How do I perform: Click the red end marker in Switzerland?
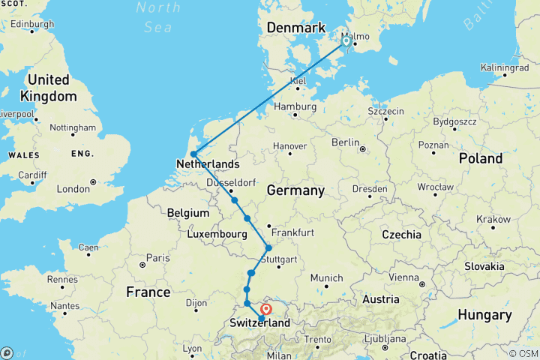click(x=266, y=308)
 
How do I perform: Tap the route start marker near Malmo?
click(x=346, y=41)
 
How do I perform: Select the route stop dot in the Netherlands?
click(x=193, y=154)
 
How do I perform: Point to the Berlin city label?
click(x=346, y=142)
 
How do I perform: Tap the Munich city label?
click(x=325, y=278)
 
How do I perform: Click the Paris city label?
click(x=157, y=258)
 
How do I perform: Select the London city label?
click(x=73, y=189)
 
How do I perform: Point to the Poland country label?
click(x=481, y=159)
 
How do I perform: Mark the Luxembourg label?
click(x=217, y=235)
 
